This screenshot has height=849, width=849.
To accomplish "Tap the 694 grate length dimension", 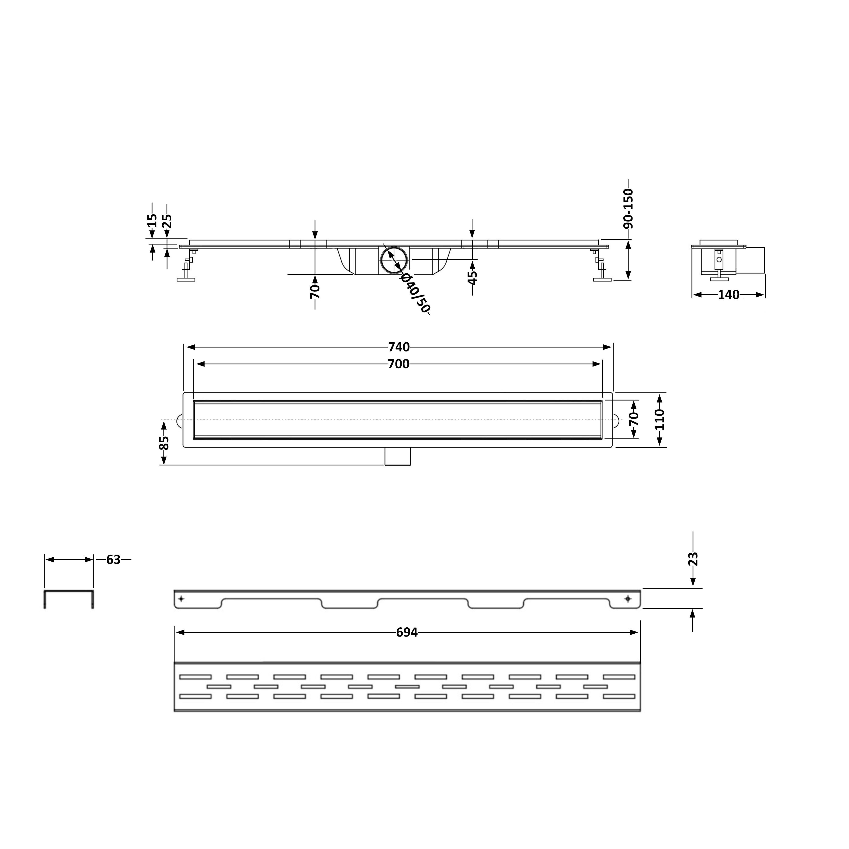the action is [407, 632].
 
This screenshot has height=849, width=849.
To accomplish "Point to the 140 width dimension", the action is [729, 295].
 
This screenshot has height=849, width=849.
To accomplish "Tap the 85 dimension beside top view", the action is [163, 443].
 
